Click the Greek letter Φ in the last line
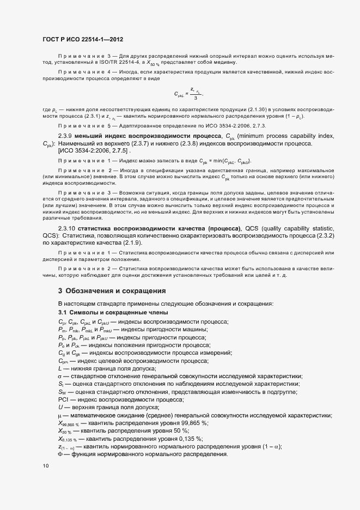click(x=60, y=454)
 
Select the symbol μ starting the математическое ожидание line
click(x=60, y=415)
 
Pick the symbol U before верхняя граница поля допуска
click(x=60, y=408)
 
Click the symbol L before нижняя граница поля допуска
click(x=60, y=368)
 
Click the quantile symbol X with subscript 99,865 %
click(x=68, y=423)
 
